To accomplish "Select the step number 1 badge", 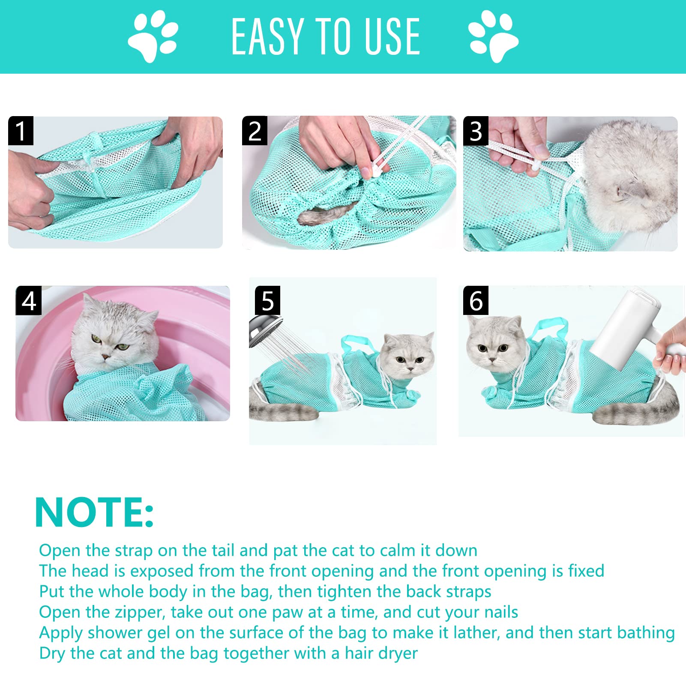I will pyautogui.click(x=21, y=131).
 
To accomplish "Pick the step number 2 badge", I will pyautogui.click(x=255, y=131).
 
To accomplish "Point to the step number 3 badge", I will pyautogui.click(x=476, y=131).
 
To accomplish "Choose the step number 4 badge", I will pyautogui.click(x=29, y=300).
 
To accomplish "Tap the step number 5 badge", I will pyautogui.click(x=267, y=300).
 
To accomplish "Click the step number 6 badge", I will pyautogui.click(x=476, y=300).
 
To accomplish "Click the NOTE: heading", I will pyautogui.click(x=94, y=512).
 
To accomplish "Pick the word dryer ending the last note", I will pyautogui.click(x=396, y=653).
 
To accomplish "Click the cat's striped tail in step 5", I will pyautogui.click(x=283, y=411).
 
